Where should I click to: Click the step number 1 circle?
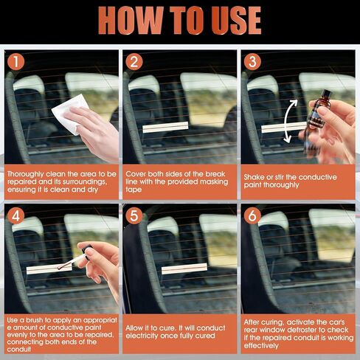coord(15,62)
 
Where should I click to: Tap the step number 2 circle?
coord(134,62)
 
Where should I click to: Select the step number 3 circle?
coord(252,62)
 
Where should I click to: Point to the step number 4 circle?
coord(15,217)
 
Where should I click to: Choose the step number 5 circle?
coord(134,217)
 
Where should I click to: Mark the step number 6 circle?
coord(252,217)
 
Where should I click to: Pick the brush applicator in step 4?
coord(74,260)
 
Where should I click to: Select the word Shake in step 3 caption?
coord(256,177)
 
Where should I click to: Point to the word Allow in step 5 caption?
coord(136,325)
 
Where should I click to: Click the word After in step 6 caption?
coord(254,322)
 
